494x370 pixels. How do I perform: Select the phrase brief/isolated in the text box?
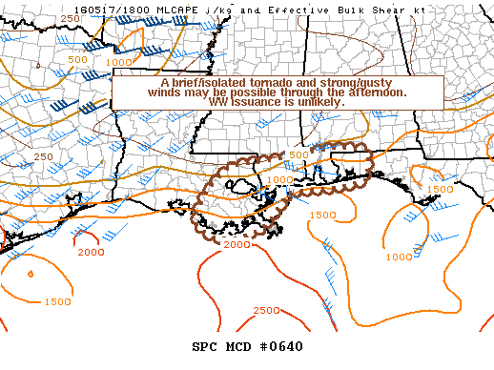click(x=201, y=83)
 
